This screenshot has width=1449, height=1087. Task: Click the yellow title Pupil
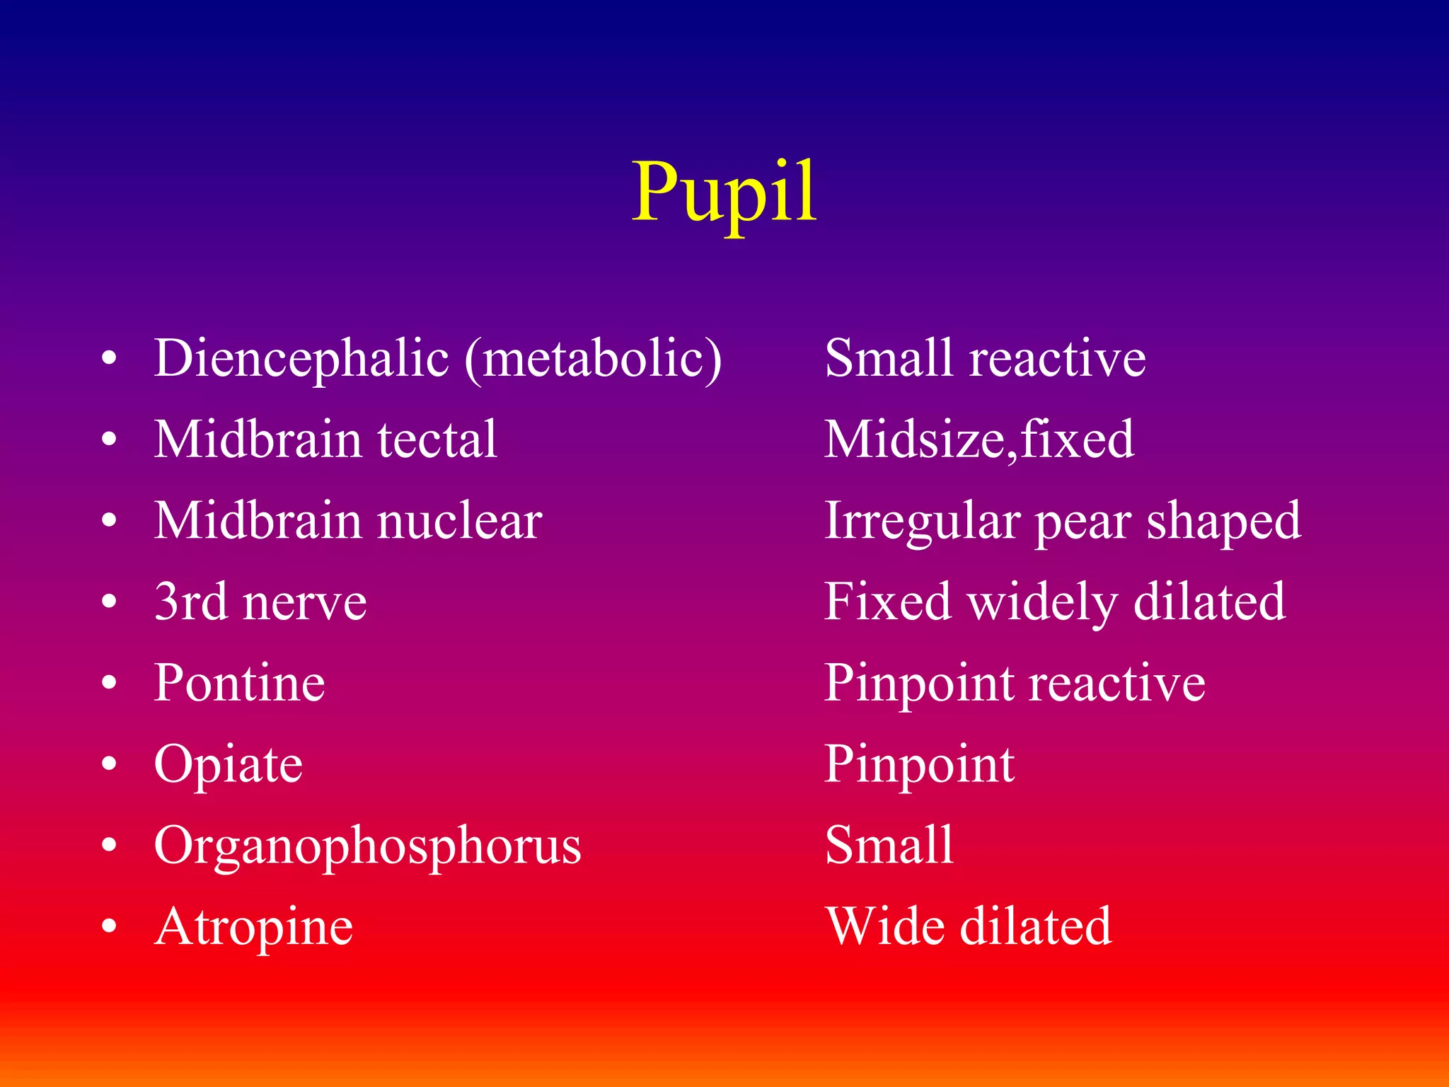point(724,192)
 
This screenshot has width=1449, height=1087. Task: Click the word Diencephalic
point(301,358)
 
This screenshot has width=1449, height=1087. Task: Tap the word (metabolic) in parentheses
point(593,358)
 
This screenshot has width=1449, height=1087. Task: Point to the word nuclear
point(459,521)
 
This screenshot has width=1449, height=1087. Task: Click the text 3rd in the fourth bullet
point(189,602)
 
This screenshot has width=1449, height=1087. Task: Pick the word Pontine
point(239,684)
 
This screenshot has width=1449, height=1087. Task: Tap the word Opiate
point(228,765)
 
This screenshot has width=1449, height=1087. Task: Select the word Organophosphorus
point(367,846)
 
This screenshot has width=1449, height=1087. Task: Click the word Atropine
point(253,928)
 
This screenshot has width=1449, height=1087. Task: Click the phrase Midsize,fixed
point(979,439)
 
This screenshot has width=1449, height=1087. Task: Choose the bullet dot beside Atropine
point(108,926)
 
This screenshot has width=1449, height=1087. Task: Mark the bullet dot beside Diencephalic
point(108,358)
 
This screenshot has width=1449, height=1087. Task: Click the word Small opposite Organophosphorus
point(889,845)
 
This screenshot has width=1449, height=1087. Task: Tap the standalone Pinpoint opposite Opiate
point(919,765)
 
